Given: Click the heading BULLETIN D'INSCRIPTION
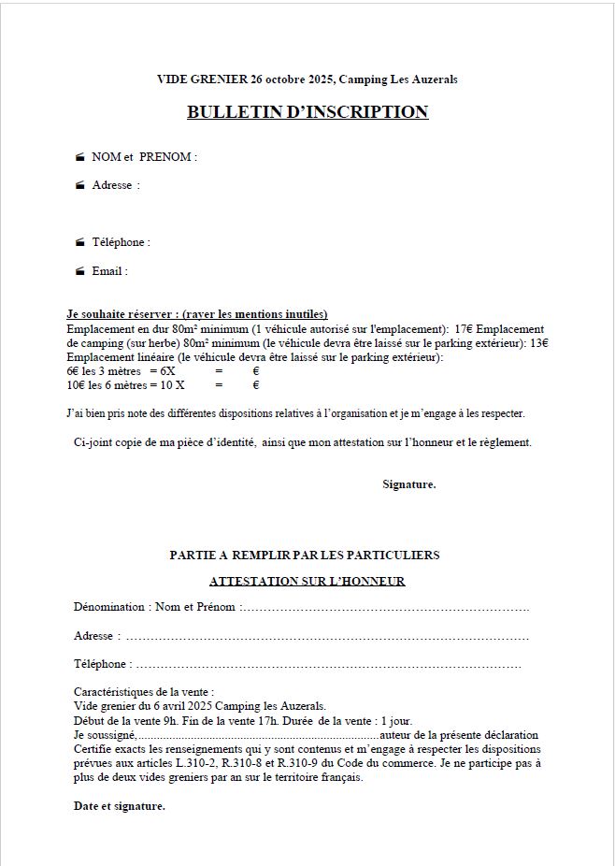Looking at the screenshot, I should coord(307,112).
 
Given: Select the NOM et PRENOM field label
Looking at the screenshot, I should coord(144,156).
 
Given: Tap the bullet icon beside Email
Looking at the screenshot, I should coord(80,271).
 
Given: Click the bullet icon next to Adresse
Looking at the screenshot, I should coord(80,185).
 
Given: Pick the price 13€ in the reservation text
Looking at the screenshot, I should coord(538,343).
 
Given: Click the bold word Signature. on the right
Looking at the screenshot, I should coord(408,484).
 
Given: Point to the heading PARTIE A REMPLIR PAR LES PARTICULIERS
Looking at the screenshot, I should coord(305,555).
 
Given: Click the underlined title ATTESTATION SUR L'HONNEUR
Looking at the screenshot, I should coord(307,581).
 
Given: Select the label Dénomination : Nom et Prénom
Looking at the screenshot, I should coord(154,607).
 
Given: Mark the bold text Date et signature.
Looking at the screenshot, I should coord(119,806).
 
